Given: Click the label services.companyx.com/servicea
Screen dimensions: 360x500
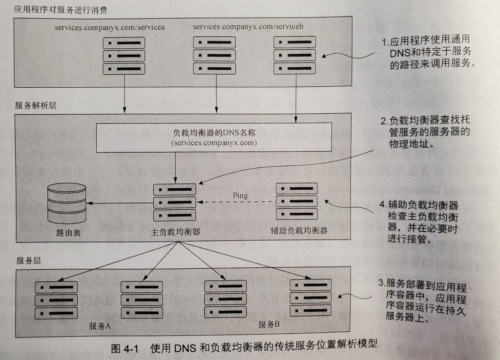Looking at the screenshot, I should point(111,27).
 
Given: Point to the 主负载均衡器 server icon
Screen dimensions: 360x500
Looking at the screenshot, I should point(175,202).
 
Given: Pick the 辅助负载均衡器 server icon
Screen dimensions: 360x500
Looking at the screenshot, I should point(296,201).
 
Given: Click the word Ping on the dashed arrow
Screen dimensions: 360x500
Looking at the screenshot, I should point(240,195).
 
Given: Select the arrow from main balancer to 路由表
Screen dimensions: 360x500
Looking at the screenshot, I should point(120,203).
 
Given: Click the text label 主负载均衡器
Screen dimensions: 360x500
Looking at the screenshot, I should point(175,232).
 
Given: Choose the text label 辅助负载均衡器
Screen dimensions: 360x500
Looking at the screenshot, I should point(299,230).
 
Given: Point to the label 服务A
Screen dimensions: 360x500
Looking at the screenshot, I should point(100,325).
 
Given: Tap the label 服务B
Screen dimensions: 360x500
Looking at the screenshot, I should point(269,324).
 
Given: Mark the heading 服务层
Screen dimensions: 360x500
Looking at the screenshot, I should point(28,260).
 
